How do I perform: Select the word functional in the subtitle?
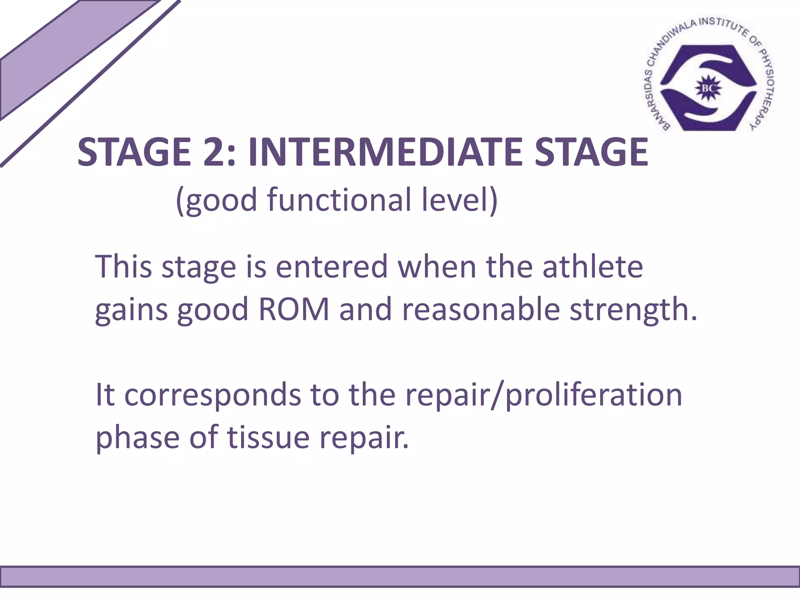point(339,200)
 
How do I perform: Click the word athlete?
point(593,266)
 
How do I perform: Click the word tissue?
point(269,437)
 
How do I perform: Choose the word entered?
point(332,266)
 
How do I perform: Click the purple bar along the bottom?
point(400,577)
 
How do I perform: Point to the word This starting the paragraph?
point(123,266)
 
